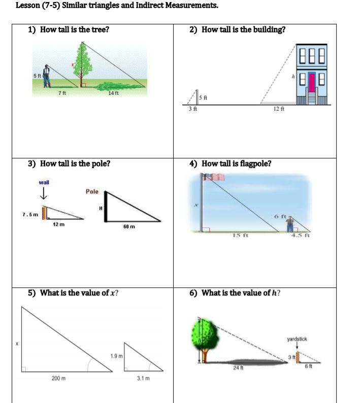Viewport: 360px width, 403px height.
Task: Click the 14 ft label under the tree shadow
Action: pos(114,92)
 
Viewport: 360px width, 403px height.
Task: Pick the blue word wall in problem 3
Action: pos(44,182)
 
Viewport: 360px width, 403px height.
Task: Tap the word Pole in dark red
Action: pos(92,192)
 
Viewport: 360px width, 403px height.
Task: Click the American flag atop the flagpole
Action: pos(214,177)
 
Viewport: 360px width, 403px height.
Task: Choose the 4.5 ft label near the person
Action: pos(299,234)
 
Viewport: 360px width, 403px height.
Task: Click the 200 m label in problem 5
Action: pos(58,378)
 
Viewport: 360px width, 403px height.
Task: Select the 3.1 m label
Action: pos(143,378)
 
